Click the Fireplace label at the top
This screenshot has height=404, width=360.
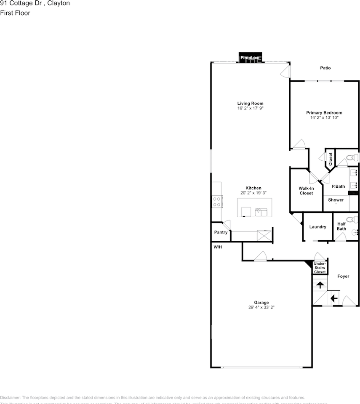click(x=250, y=58)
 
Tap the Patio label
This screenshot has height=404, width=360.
click(x=325, y=68)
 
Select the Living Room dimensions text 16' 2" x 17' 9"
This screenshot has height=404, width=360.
click(x=250, y=108)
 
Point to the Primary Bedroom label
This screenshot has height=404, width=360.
click(x=324, y=113)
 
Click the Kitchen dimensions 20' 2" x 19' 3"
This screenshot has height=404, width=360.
click(x=253, y=193)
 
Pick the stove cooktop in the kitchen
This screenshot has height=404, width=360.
click(x=217, y=202)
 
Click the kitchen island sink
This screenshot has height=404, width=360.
click(x=261, y=211)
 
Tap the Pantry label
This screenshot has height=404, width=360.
click(x=221, y=232)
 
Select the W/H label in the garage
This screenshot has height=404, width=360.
click(x=218, y=247)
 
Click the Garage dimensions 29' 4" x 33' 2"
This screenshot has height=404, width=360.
click(x=261, y=307)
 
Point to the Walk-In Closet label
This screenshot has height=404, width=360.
click(x=306, y=191)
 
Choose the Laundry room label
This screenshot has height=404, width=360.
click(x=317, y=227)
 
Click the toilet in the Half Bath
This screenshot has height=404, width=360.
click(x=349, y=220)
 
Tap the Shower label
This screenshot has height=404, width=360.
click(x=336, y=200)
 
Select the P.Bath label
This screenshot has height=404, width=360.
click(x=338, y=186)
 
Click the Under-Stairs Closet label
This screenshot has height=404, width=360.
click(x=320, y=268)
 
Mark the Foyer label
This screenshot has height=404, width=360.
click(x=343, y=276)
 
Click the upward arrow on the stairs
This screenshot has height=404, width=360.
click(x=320, y=285)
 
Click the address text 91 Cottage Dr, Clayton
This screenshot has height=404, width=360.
click(x=35, y=3)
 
